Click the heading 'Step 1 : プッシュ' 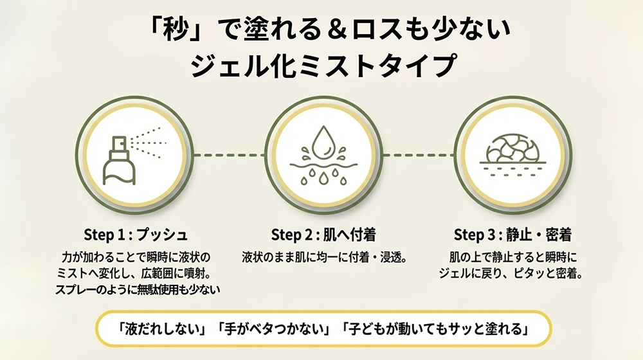click(x=136, y=235)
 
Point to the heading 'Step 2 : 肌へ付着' click(x=323, y=235)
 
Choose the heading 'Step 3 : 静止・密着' click(x=512, y=235)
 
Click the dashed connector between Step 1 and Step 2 click(x=230, y=155)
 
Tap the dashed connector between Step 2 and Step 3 click(x=419, y=155)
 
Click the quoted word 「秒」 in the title click(x=177, y=31)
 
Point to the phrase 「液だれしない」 click(x=160, y=329)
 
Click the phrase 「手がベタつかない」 click(x=273, y=329)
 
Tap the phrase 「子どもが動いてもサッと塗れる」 click(x=434, y=329)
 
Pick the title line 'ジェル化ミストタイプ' click(x=323, y=66)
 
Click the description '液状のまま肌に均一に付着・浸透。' click(x=324, y=258)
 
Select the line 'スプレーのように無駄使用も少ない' click(x=138, y=289)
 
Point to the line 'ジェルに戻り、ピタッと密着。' click(x=511, y=273)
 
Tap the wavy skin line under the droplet click(x=323, y=166)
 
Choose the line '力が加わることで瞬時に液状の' click(x=136, y=258)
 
